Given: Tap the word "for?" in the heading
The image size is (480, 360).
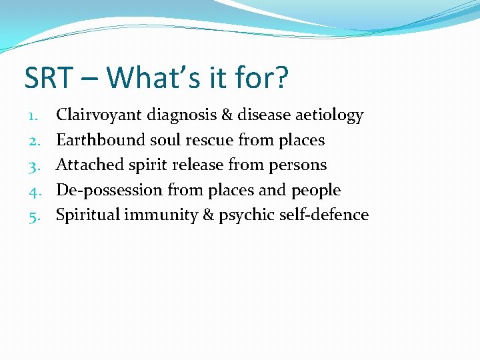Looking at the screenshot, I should [x=263, y=77].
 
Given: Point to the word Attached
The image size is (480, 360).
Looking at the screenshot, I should [x=85, y=165].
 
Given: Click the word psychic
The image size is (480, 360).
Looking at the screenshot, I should [x=245, y=215].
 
